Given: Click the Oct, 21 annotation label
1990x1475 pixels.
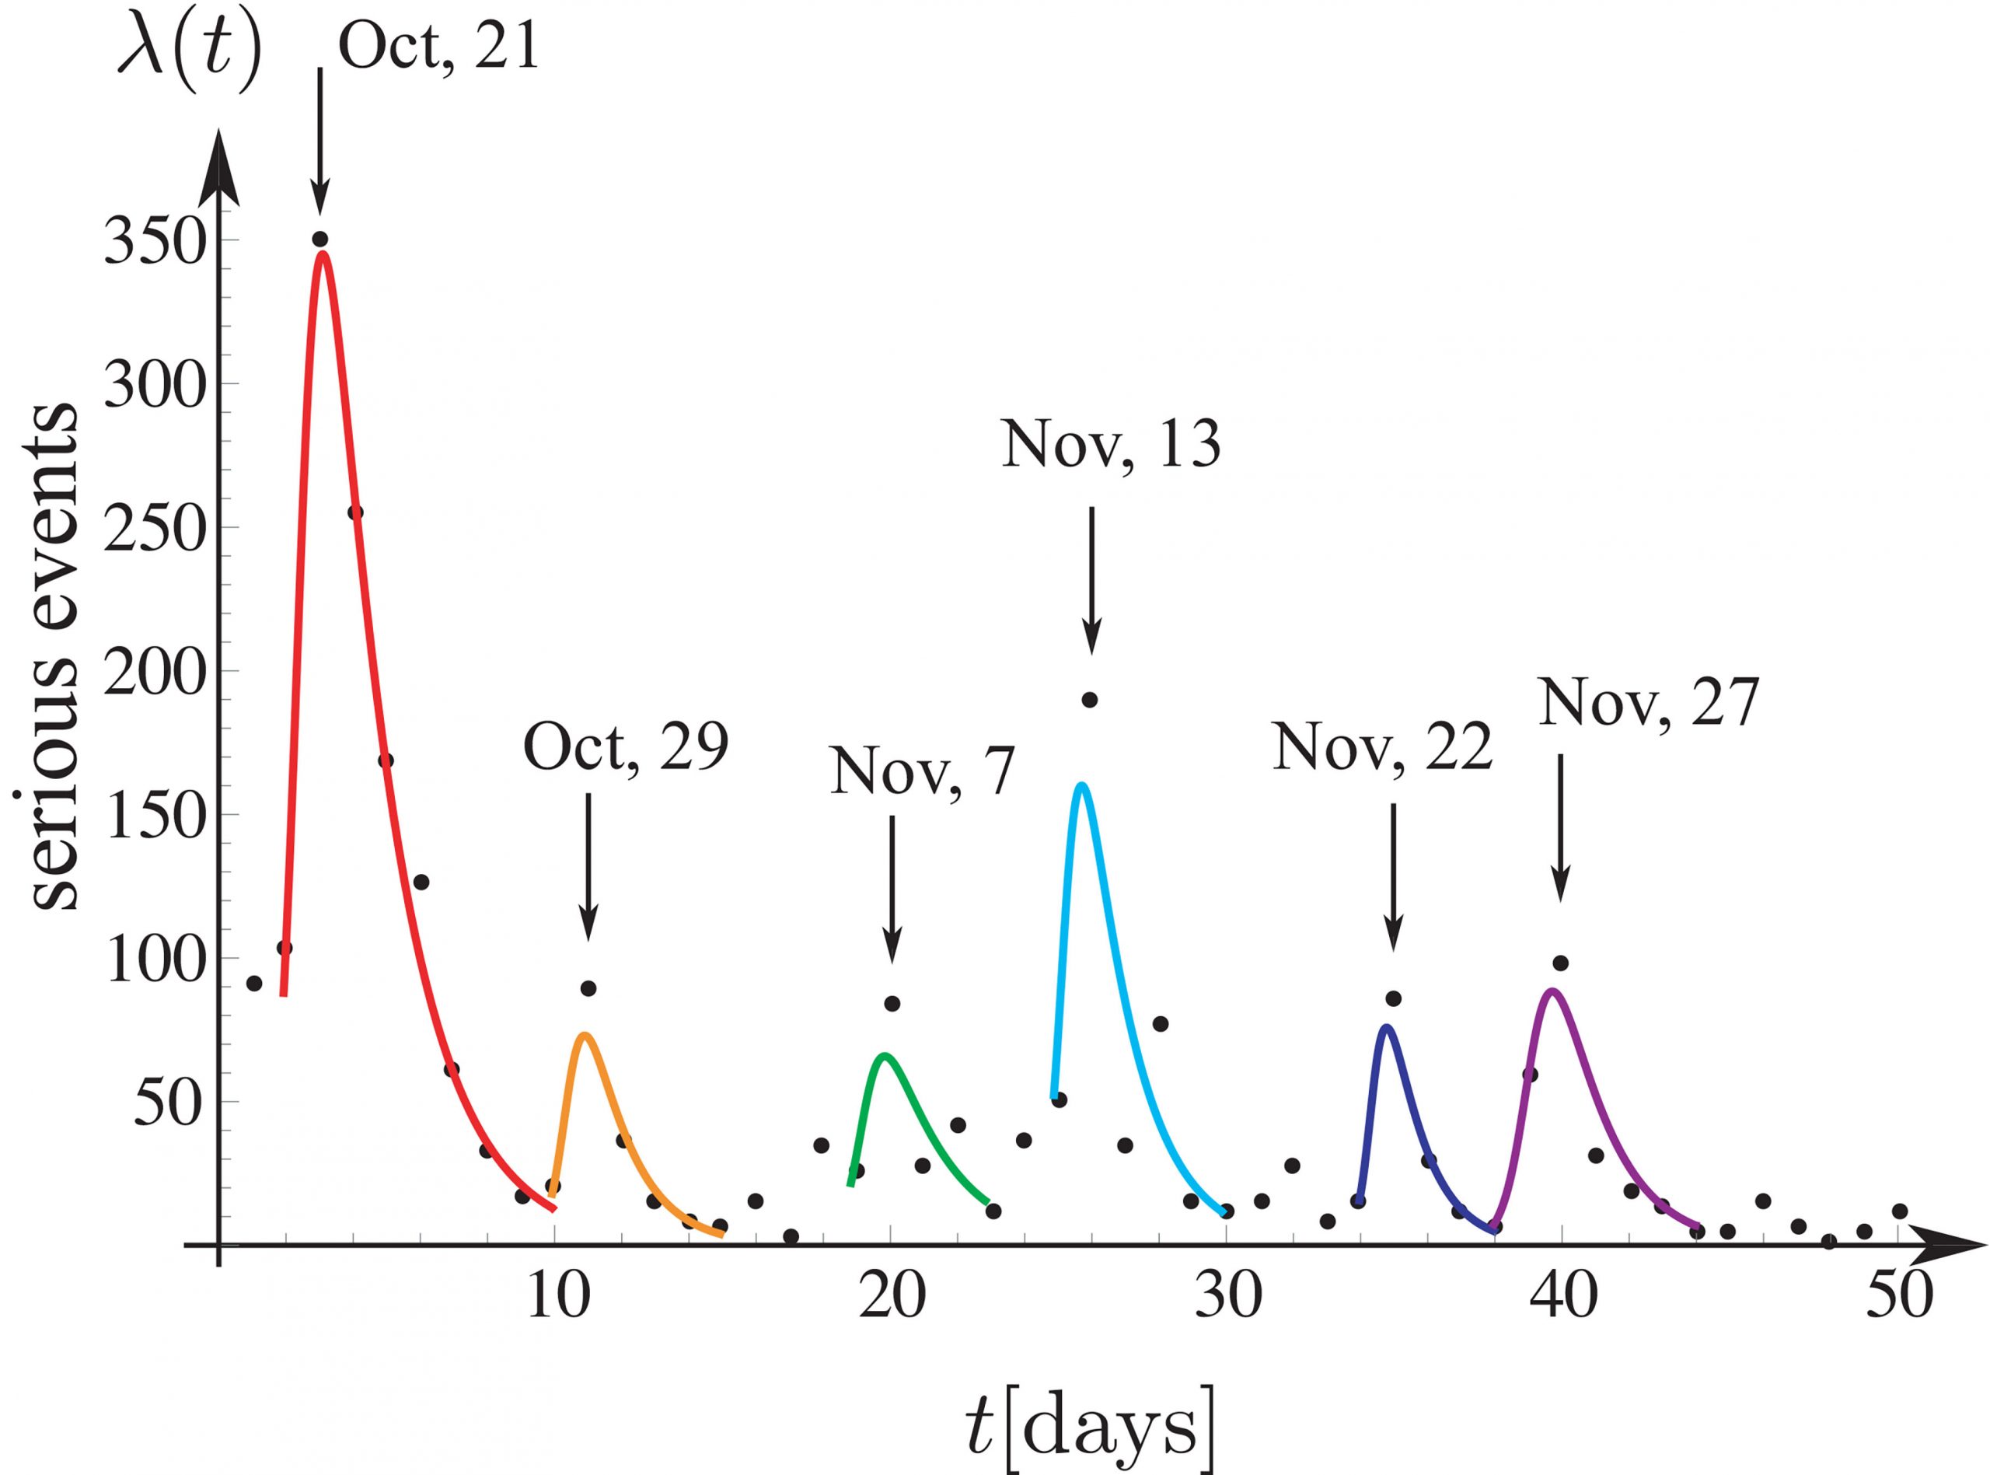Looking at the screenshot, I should (x=439, y=47).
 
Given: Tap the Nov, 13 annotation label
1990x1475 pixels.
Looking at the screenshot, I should (x=1110, y=445).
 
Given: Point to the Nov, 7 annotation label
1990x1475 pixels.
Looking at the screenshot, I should (x=922, y=771).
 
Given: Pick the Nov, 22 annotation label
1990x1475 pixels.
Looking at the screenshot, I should (x=1382, y=746).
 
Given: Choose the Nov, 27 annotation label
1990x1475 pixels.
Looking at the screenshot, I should (x=1647, y=703).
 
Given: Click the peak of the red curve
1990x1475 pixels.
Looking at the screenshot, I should (x=323, y=253).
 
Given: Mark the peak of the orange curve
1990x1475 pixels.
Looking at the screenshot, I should (x=585, y=1035).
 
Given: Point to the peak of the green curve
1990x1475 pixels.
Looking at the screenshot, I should (x=885, y=1055).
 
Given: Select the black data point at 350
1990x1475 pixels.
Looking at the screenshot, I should (x=320, y=239).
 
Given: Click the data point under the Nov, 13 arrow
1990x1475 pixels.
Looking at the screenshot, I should (x=1090, y=700).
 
